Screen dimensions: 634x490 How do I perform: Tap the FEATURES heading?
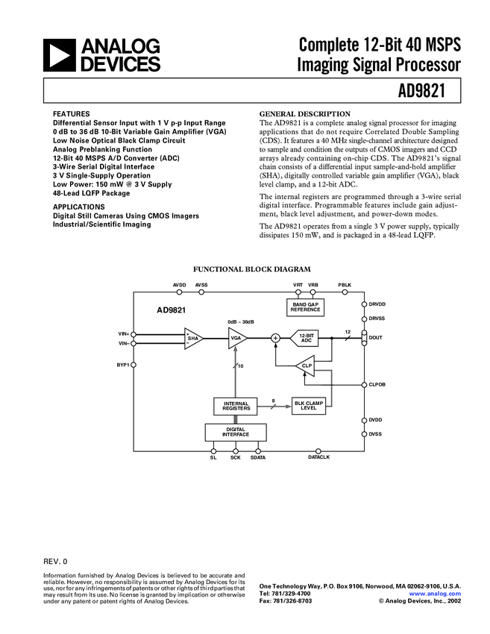coord(72,114)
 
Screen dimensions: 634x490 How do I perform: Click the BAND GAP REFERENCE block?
coord(305,307)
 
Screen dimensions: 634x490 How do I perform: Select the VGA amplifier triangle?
coord(238,338)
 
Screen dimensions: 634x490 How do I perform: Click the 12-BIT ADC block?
coord(305,338)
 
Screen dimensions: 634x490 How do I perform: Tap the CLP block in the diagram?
coord(306,365)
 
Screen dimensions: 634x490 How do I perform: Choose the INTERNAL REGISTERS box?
coord(236,406)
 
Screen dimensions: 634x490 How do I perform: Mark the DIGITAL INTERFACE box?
coord(236,432)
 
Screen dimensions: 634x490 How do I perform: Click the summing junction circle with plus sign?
coord(275,338)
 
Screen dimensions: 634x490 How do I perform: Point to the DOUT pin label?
coord(375,338)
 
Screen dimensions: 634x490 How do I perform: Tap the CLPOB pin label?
coord(377,385)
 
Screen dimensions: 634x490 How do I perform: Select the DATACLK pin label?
coord(318,457)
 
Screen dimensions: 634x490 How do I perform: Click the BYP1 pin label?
coord(122,365)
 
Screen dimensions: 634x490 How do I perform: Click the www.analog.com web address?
coord(440,594)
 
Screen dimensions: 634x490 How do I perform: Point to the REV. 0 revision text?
coord(55,560)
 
